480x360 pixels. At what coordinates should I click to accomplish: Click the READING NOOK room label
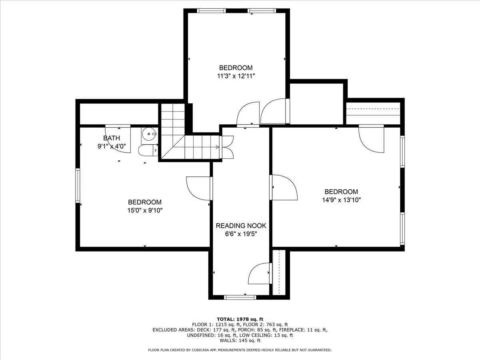241,226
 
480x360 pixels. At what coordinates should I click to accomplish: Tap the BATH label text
112,138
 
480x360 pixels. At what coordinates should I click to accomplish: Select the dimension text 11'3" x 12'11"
236,76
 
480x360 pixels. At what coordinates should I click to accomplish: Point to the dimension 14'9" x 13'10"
341,200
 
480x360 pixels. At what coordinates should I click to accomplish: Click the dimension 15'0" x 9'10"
145,210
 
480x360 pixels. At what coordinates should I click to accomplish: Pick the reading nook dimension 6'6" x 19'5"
241,234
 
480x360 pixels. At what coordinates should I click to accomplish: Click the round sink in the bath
149,134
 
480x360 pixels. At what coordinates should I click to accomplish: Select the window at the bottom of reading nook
240,297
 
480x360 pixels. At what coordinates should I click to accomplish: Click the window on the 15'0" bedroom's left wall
78,185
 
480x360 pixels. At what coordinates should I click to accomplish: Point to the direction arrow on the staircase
217,147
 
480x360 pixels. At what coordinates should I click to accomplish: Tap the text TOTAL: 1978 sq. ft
240,319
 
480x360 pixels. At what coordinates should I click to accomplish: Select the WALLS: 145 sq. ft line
240,340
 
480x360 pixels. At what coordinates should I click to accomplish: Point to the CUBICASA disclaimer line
240,350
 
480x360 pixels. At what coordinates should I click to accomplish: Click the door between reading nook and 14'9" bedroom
284,187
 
